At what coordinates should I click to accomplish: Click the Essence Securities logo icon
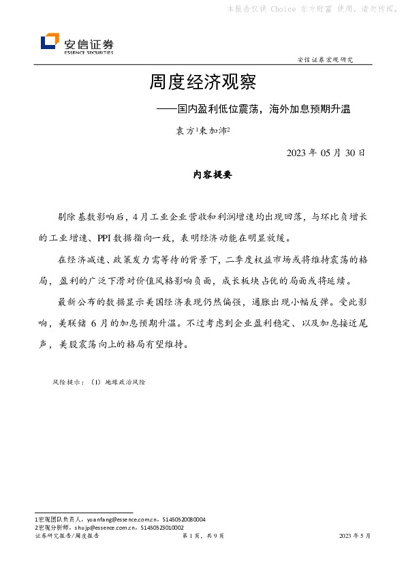click(x=50, y=42)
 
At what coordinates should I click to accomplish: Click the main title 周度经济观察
click(x=202, y=83)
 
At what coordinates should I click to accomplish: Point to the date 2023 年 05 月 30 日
click(x=326, y=152)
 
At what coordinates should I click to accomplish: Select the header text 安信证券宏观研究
click(x=326, y=59)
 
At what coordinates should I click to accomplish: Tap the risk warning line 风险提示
click(x=99, y=382)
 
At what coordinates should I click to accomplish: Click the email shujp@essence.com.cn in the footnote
click(x=102, y=528)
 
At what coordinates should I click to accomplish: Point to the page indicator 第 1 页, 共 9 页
click(x=202, y=537)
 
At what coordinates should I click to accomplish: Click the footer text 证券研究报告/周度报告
click(x=67, y=537)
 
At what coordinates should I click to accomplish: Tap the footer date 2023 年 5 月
click(x=354, y=537)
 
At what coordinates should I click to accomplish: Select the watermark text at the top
click(x=312, y=9)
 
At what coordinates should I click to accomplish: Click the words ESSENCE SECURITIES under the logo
click(x=89, y=52)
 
